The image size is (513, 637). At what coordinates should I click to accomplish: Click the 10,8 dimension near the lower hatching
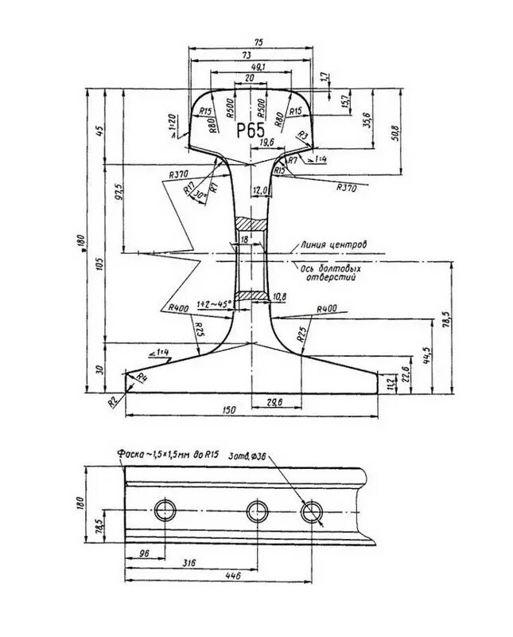coord(279,297)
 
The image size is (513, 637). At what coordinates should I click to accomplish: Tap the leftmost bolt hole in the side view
coord(166,510)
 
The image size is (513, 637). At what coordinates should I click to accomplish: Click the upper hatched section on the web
coord(252,225)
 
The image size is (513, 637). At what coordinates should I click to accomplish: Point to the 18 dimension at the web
coord(243,238)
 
